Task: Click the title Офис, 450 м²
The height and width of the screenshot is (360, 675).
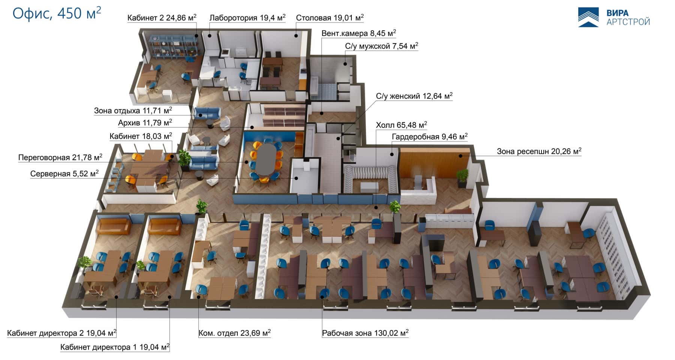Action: tap(57, 13)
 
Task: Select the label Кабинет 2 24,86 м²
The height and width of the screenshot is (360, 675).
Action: tap(162, 18)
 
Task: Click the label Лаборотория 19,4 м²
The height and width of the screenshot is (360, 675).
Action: tap(247, 18)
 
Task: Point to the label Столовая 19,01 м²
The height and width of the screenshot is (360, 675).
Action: tap(330, 18)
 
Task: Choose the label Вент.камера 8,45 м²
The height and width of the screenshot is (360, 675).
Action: tap(358, 33)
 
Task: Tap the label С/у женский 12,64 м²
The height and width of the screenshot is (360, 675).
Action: tap(414, 96)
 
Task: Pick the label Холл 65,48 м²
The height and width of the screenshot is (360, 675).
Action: tap(401, 125)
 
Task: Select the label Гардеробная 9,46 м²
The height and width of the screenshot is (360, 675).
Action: tap(429, 137)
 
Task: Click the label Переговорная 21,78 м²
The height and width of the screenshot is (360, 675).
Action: tap(60, 157)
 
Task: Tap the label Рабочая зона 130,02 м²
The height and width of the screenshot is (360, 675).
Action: tap(365, 333)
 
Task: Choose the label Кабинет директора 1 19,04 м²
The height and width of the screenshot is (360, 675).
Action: tap(115, 347)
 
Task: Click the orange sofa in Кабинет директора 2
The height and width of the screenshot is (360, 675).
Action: tap(113, 226)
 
